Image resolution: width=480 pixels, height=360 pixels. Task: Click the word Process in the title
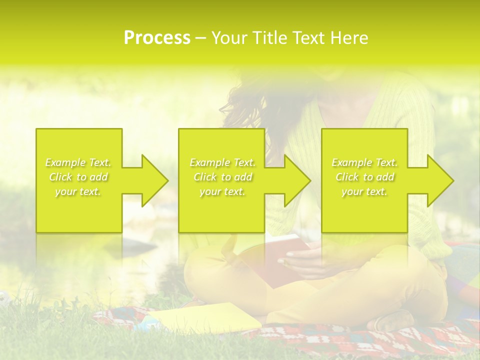157,38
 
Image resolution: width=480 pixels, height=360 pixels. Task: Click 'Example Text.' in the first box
78,162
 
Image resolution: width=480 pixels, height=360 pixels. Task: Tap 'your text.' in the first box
78,191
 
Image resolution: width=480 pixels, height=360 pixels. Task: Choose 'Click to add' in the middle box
222,177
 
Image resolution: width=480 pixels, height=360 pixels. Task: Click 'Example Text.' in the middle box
222,162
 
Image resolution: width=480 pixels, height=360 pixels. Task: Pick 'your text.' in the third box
364,191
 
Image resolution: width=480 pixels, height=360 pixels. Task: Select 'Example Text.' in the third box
364,162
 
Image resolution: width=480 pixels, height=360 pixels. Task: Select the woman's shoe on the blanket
395,320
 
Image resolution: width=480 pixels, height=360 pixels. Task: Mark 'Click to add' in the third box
364,177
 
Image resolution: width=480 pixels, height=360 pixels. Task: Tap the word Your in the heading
231,38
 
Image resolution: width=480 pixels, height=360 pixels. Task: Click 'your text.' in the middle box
222,191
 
